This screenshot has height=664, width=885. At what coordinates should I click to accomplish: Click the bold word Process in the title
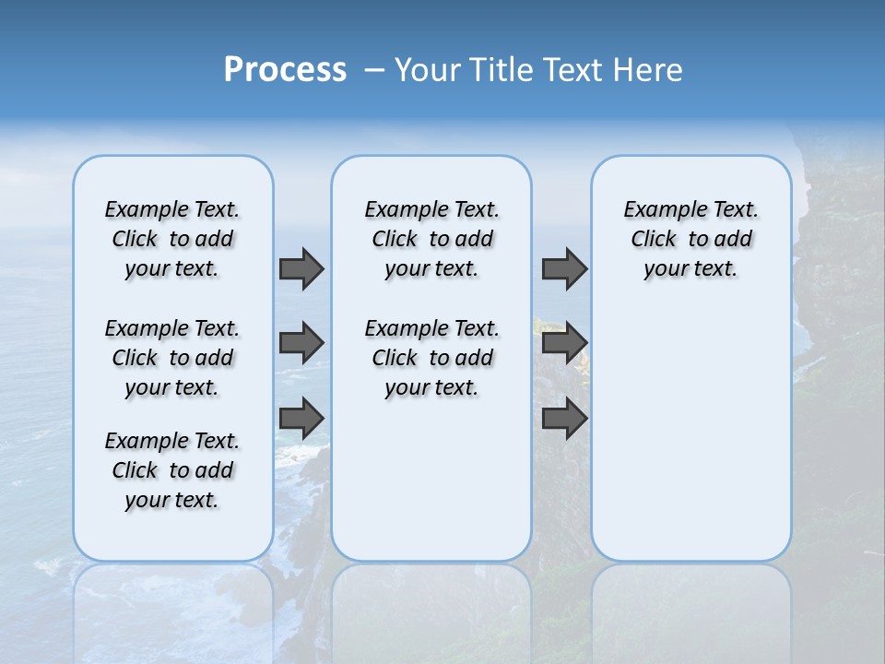point(285,70)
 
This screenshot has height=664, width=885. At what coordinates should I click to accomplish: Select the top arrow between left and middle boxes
point(301,268)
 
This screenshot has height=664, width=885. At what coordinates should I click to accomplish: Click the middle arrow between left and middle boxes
point(301,343)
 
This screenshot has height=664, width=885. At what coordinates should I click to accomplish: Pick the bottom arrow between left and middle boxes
point(301,418)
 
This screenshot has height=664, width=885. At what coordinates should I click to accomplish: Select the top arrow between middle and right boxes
point(564,268)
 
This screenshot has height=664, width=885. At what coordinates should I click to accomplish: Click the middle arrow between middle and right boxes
point(564,343)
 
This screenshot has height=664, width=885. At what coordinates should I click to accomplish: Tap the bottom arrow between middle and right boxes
point(564,418)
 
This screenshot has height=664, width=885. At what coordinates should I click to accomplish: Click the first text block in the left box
point(172,239)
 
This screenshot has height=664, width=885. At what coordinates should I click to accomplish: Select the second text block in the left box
point(172,358)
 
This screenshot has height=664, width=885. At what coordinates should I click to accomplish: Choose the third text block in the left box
point(172,470)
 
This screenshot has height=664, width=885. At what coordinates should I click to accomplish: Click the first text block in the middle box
point(432,239)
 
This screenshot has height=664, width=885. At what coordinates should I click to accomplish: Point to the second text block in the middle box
point(432,358)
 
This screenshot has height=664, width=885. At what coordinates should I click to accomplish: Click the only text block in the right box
point(691,239)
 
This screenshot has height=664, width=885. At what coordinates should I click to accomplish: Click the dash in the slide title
point(374,70)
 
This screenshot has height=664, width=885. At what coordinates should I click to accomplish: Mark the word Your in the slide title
point(427,70)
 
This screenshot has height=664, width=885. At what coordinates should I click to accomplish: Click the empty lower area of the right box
point(691,433)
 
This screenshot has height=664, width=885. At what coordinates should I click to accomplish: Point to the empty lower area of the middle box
point(431,480)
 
